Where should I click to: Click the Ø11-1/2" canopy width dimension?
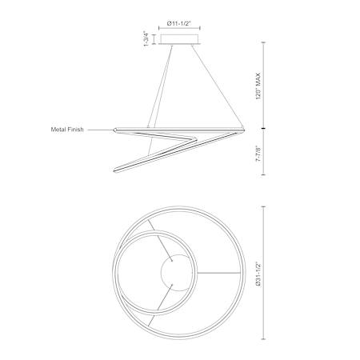(179, 24)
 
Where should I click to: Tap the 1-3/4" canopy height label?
(146, 39)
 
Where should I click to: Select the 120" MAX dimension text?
(258, 86)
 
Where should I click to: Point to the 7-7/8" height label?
(258, 154)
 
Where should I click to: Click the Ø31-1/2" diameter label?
(258, 274)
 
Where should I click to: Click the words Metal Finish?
(67, 130)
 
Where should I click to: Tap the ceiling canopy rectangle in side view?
(179, 39)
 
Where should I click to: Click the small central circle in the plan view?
(177, 273)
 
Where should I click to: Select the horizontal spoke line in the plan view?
(218, 273)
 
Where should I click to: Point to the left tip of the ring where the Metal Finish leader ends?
(114, 130)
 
